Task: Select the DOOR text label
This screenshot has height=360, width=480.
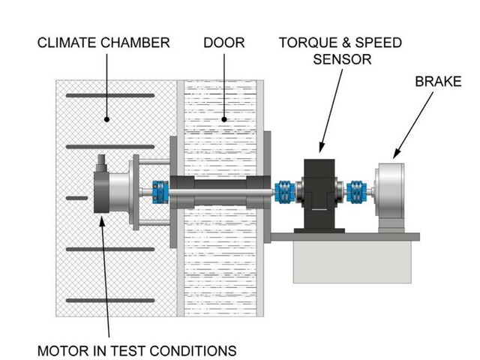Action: (223, 43)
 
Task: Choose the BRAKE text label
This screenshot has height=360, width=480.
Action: (439, 80)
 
